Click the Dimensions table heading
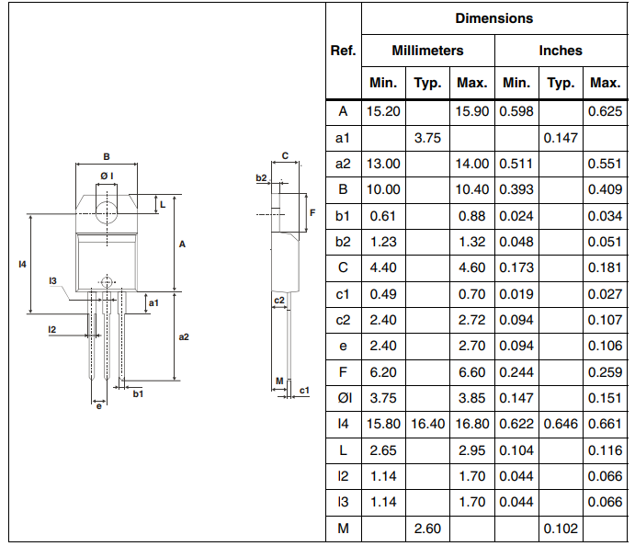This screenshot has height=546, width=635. [494, 18]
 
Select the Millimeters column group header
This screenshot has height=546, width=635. [427, 51]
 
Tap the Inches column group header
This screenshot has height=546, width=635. [561, 51]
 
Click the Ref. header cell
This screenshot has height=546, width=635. [343, 51]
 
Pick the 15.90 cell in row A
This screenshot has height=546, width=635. [472, 111]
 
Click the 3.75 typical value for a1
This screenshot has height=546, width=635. [427, 138]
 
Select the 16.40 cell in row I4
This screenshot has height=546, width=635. [427, 424]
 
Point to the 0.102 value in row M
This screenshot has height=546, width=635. [561, 529]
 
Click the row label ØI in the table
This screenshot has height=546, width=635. [345, 398]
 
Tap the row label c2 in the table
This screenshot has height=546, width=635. [343, 320]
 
